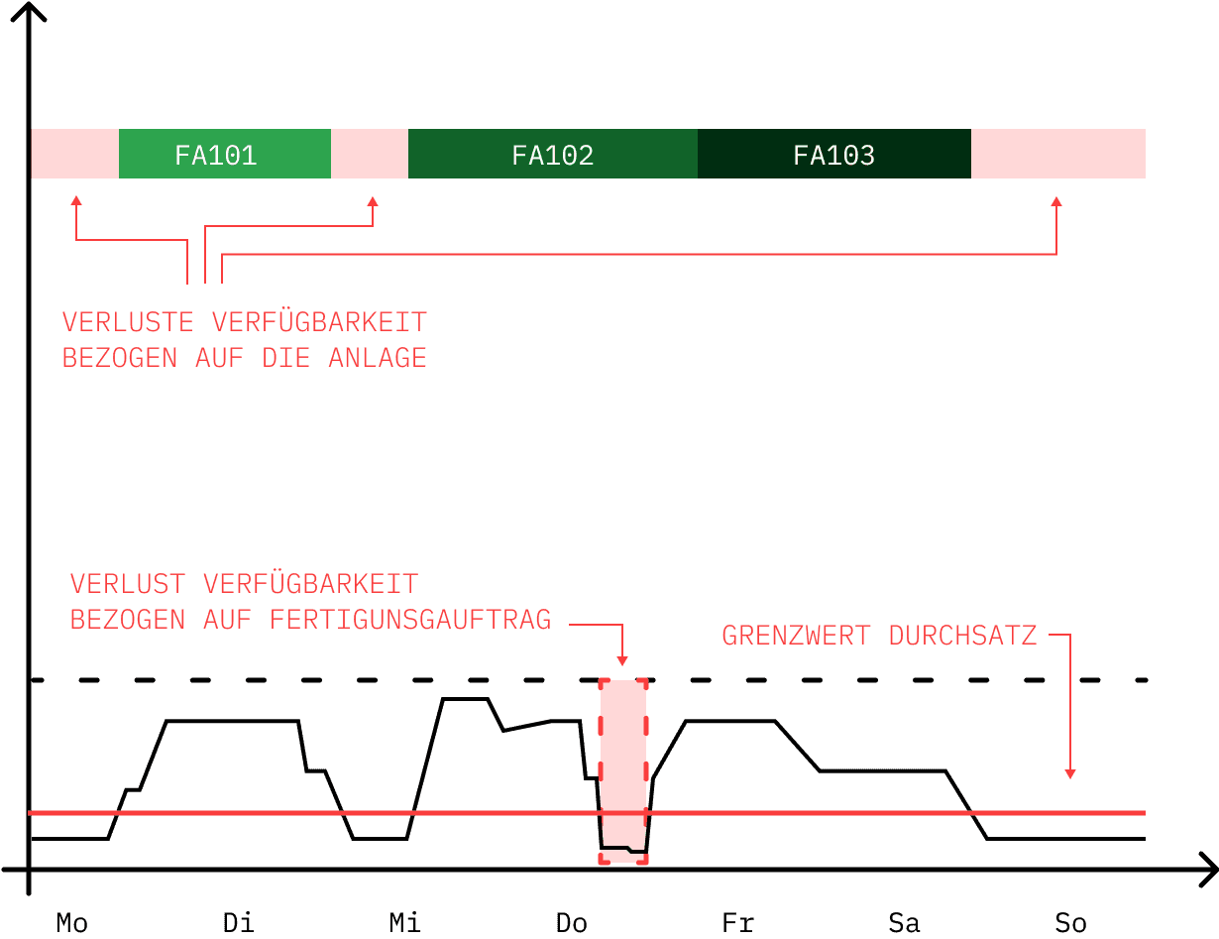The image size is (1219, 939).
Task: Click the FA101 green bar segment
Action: (224, 154)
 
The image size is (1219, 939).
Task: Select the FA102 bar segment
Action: (553, 154)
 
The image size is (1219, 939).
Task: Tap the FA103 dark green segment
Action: (834, 154)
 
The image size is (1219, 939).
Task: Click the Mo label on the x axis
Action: (72, 923)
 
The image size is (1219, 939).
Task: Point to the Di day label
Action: (239, 923)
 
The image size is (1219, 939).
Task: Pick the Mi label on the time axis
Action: (405, 923)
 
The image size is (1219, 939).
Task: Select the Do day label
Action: (572, 923)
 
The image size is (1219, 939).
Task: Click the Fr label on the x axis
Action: (737, 923)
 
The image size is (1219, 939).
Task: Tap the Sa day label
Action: (904, 923)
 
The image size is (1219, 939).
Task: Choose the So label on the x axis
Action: (1071, 923)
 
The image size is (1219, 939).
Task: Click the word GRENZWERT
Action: (796, 636)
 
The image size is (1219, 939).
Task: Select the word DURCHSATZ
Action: (962, 636)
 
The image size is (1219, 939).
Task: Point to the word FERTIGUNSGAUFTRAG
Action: (410, 620)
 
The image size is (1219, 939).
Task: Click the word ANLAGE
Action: (378, 358)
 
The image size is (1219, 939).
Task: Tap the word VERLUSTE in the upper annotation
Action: (128, 322)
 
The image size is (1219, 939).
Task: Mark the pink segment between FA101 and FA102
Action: (370, 154)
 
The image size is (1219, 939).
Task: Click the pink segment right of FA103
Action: (1058, 154)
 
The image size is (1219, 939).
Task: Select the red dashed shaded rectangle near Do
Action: (623, 771)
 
